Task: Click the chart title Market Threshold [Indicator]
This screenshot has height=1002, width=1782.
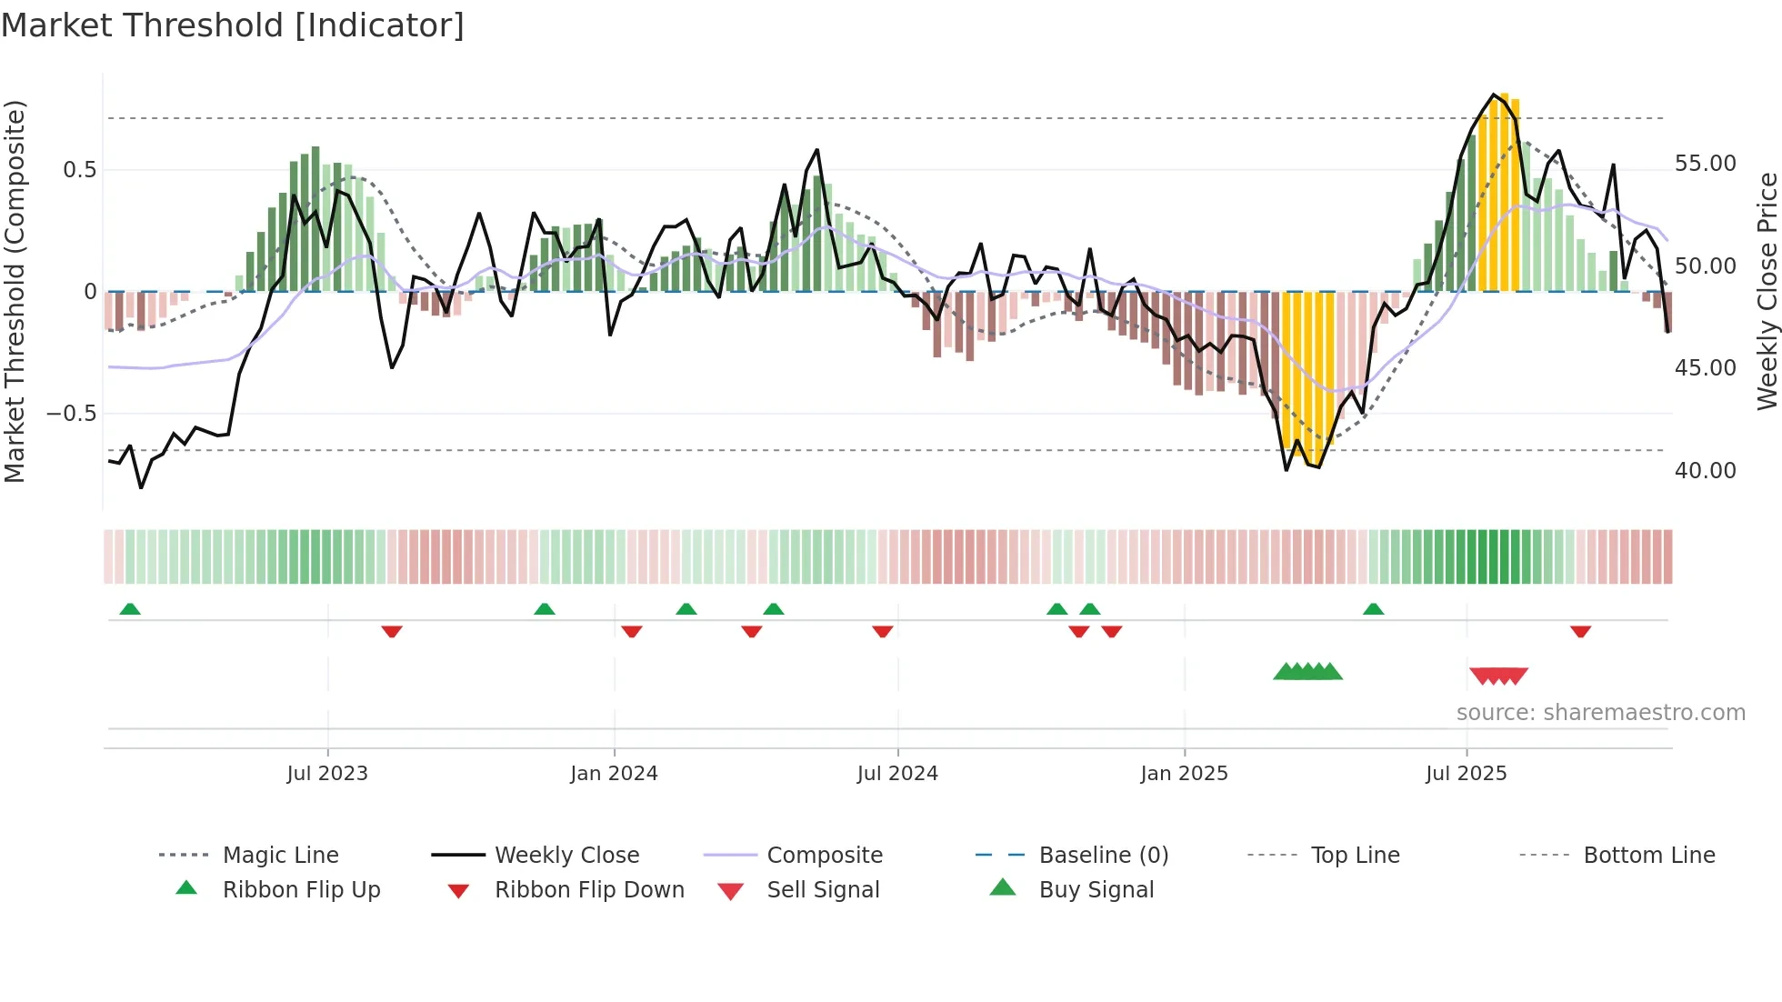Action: tap(233, 25)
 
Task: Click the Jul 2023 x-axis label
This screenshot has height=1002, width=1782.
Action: tap(327, 774)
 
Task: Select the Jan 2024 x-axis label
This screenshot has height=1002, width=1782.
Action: tap(614, 774)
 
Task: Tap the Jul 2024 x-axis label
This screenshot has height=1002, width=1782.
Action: tap(897, 774)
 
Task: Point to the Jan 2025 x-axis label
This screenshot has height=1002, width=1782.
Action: tap(1184, 774)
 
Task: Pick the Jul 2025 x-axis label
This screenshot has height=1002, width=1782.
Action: tap(1466, 774)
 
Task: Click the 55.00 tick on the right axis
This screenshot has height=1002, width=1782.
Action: tap(1705, 164)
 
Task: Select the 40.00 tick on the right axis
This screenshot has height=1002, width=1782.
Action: tap(1705, 471)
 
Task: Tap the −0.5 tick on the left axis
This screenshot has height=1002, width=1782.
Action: tap(71, 414)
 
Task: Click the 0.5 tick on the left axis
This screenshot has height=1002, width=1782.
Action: tap(79, 170)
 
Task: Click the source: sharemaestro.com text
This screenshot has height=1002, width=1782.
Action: tap(1600, 713)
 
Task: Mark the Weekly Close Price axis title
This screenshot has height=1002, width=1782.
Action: tap(1767, 291)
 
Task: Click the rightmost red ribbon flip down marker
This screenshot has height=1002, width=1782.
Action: tap(1580, 631)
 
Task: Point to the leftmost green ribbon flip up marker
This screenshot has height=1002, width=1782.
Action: tap(130, 609)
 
